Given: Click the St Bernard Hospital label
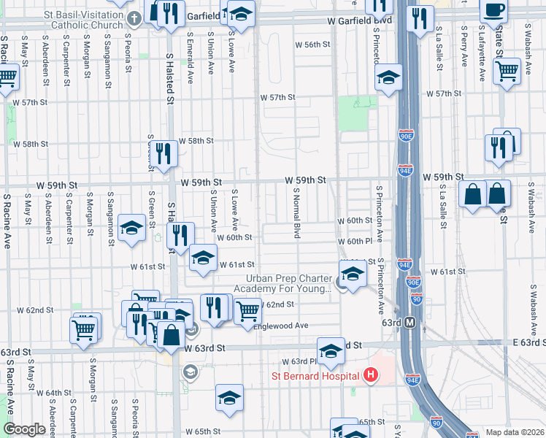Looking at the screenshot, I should [x=316, y=376].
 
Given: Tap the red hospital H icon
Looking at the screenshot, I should [x=371, y=376].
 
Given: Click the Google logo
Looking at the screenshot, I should [x=23, y=429].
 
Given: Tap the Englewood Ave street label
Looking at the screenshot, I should [x=280, y=326].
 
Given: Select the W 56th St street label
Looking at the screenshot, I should [x=312, y=45].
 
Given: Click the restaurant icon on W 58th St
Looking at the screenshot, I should [x=166, y=152].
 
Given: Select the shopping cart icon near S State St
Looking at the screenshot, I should [x=507, y=71].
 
